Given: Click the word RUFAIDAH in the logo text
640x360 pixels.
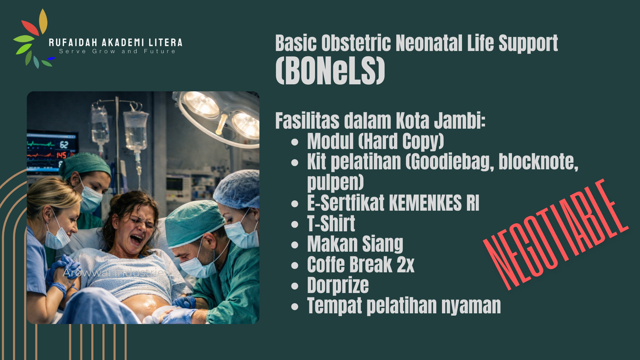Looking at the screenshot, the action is pos(73,43).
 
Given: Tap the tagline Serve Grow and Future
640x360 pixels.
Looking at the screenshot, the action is pos(117,51).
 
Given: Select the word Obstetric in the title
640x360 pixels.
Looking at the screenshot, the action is pos(356,43).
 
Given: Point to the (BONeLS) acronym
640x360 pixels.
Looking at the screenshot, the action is pos(330,71).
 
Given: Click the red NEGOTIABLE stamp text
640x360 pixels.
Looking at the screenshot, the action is pos(556,234).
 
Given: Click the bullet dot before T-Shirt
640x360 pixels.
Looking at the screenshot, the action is pos(295,224).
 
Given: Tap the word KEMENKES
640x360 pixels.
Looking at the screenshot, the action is pos(425,203).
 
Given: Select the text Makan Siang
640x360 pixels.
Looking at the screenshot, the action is pos(355,244).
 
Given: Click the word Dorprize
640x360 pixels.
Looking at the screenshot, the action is pos(338,285).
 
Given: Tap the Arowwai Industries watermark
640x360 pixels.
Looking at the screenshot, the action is pos(117,273).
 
